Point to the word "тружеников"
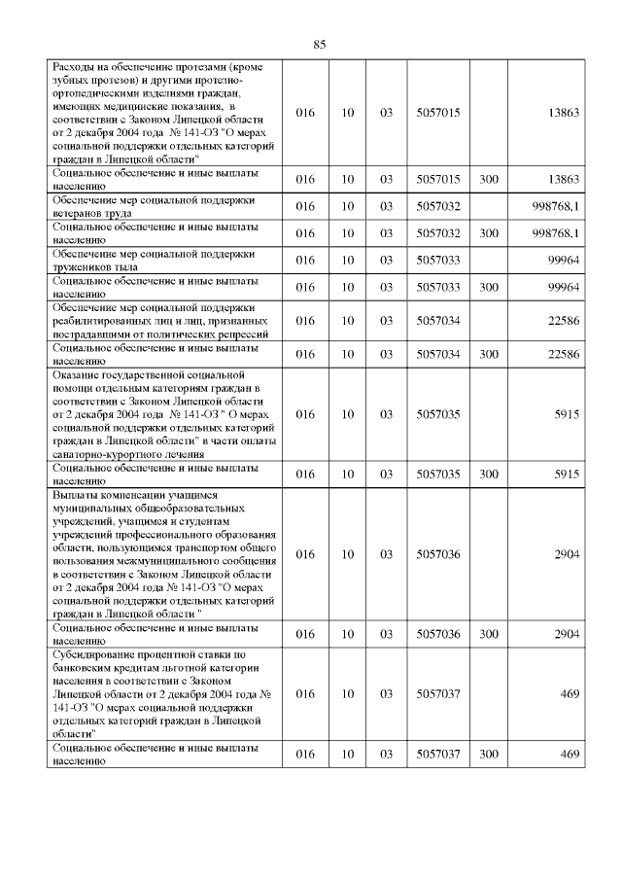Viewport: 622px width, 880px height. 82,266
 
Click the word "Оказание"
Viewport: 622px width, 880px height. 77,374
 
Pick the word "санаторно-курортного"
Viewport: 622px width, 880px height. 113,453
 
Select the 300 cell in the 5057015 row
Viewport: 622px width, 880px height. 489,179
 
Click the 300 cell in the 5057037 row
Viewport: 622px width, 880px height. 489,755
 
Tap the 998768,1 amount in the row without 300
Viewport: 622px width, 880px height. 557,206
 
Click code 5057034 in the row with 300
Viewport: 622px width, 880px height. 437,354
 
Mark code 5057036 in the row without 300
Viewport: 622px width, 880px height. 437,554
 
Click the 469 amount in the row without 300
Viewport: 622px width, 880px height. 570,694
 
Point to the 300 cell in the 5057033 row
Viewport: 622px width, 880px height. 489,287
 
